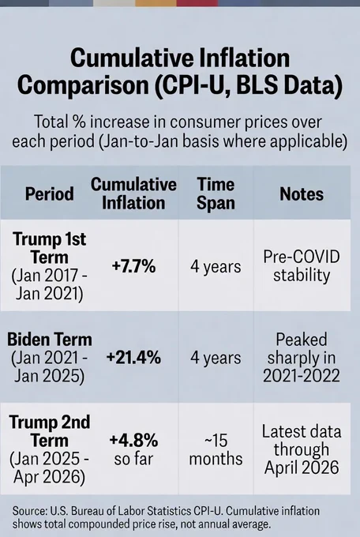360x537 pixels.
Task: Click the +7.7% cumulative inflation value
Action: (x=133, y=266)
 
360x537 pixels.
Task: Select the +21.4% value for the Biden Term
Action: (x=133, y=358)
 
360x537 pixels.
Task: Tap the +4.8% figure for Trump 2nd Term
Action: (x=133, y=440)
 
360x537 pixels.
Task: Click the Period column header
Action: (x=49, y=193)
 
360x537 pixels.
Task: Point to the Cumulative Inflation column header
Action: (x=133, y=193)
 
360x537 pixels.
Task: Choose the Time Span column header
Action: (x=216, y=193)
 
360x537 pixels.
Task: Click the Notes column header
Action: (x=302, y=193)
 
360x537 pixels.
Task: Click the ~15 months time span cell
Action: (x=216, y=449)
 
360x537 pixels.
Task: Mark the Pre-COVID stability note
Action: (x=302, y=266)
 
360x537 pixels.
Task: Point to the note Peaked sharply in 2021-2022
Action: (x=302, y=358)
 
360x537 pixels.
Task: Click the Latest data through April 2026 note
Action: (x=302, y=449)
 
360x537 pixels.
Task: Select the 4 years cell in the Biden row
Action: (x=216, y=358)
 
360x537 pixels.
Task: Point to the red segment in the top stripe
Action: (x=197, y=3)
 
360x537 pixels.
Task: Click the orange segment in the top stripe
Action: (x=156, y=3)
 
